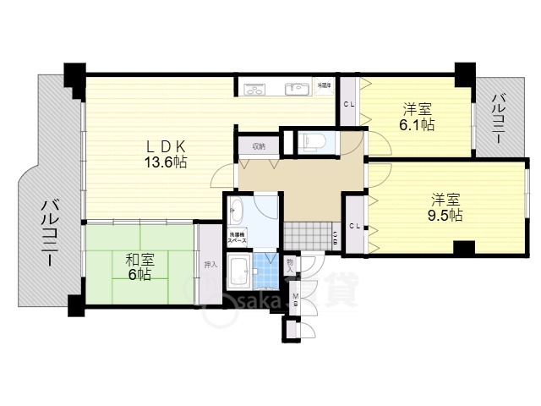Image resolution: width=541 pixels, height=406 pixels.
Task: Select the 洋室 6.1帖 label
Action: [x=418, y=117]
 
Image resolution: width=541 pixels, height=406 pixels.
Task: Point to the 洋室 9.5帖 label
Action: [x=445, y=207]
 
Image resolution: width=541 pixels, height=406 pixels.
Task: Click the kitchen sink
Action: [x=298, y=89]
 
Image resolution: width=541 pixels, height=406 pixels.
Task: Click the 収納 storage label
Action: [x=257, y=145]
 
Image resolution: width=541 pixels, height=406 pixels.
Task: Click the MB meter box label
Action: [x=295, y=299]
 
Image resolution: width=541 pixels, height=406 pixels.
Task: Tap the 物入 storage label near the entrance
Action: [x=290, y=266]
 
